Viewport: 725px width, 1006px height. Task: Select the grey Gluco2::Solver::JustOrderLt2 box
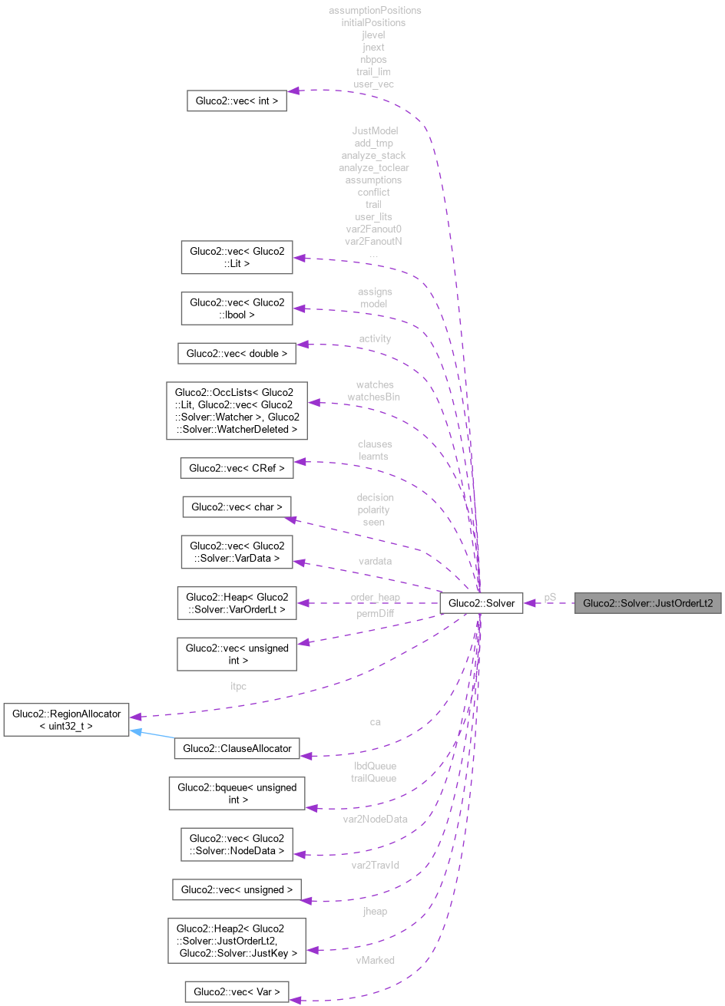coord(647,603)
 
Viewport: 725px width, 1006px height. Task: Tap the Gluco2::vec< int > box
coord(237,101)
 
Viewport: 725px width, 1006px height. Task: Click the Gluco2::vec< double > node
coord(237,354)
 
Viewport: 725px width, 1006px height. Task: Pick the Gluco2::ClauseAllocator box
coord(237,749)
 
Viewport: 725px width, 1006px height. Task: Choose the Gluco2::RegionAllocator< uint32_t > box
coord(66,719)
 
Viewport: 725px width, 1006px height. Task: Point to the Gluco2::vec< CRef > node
coord(237,467)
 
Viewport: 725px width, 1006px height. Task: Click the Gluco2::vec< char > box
coord(237,506)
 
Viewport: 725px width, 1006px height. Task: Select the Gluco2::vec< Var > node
coord(237,991)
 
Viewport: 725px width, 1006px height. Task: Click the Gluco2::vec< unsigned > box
coord(237,889)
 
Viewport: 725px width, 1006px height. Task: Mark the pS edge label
coord(550,596)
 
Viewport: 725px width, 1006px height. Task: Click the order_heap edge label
coord(375,596)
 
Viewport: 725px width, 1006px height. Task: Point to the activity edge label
coord(375,338)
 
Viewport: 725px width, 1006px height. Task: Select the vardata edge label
coord(375,561)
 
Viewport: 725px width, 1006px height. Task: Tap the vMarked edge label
coord(375,960)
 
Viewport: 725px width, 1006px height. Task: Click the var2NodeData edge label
coord(375,819)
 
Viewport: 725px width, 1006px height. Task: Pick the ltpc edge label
coord(238,686)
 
